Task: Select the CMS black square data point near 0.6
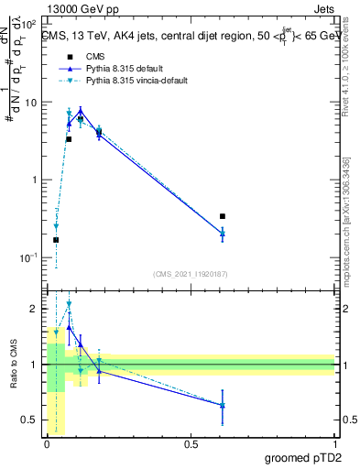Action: (223, 216)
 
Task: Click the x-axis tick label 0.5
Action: (191, 443)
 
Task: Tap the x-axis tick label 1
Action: (334, 443)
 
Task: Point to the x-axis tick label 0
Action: (47, 443)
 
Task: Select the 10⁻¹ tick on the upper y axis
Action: (29, 257)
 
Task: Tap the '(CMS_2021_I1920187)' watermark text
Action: (191, 274)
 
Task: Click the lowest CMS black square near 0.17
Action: (56, 240)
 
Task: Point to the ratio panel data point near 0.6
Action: (223, 405)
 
